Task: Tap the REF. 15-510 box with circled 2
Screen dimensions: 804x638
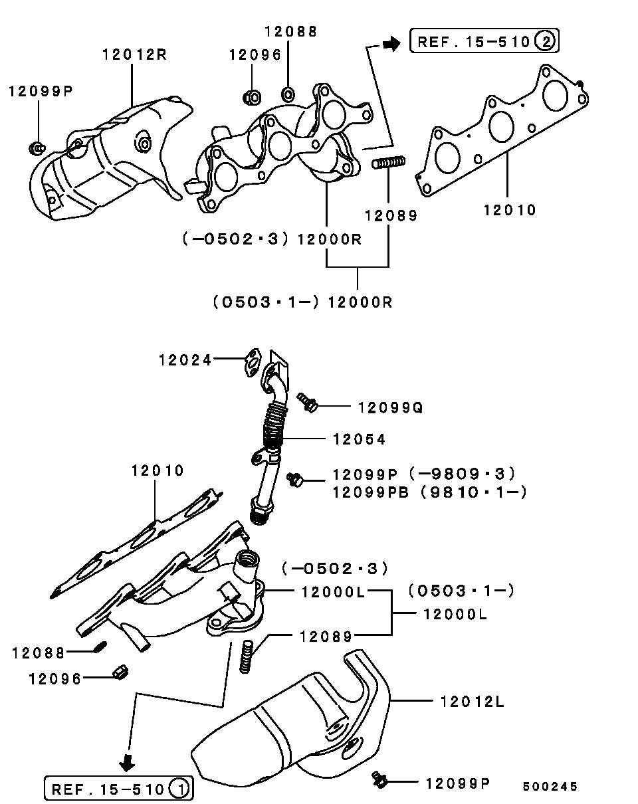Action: [484, 42]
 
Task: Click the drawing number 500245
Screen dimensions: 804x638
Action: [550, 786]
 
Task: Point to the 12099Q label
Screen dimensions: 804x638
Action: [390, 407]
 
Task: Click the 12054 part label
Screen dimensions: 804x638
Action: [359, 439]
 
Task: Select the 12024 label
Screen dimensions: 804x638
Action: [185, 360]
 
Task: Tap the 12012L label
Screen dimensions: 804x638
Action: [472, 700]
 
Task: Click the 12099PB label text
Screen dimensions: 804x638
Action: [370, 492]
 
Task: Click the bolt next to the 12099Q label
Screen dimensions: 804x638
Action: [306, 401]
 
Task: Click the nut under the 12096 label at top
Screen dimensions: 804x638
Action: [252, 97]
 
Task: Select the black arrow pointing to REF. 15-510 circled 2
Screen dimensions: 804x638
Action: [391, 43]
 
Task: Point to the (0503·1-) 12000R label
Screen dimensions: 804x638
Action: [303, 302]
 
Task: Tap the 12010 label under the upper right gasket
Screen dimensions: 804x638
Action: [509, 210]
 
